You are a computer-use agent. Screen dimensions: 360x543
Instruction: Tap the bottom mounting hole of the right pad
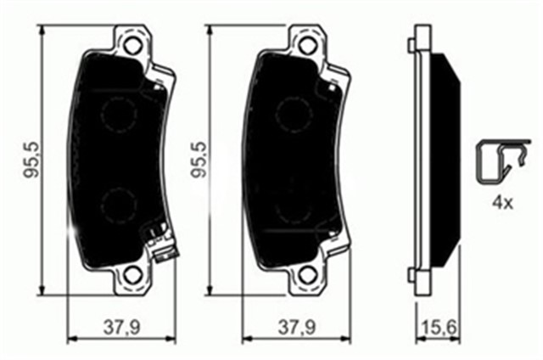(x=305, y=276)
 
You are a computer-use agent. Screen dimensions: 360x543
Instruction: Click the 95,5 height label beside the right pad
(x=201, y=160)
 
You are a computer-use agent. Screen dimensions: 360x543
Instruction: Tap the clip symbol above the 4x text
(x=491, y=161)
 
